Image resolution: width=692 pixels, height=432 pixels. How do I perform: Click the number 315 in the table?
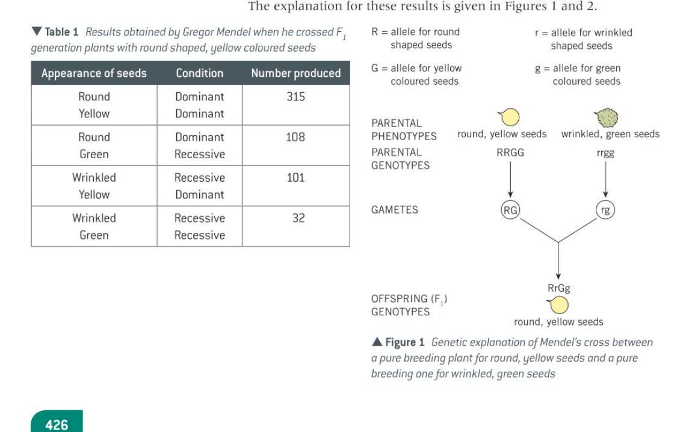point(295,96)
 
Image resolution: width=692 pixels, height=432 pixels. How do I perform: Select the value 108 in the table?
point(295,137)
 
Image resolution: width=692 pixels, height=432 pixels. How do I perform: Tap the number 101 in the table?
point(295,177)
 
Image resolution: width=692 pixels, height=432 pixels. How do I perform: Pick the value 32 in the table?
point(298,218)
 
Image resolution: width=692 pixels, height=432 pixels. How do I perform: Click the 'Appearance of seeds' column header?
point(94,73)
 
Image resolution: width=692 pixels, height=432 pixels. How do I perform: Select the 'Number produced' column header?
point(295,73)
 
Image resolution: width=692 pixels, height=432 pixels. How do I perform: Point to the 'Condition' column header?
point(199,73)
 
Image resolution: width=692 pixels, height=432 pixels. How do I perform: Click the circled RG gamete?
point(510,210)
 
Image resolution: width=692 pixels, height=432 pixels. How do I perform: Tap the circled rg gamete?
point(605,210)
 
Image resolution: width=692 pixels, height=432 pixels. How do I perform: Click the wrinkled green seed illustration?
point(607,117)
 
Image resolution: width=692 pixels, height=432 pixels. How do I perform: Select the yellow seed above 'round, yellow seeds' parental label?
point(510,117)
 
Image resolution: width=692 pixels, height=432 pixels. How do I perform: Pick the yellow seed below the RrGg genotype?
point(559,306)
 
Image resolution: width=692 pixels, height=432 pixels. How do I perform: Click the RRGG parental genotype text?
point(510,153)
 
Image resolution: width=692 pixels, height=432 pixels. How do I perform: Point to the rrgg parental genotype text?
point(605,153)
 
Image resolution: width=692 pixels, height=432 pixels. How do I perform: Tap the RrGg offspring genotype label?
point(559,288)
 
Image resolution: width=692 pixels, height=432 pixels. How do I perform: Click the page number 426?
point(57,425)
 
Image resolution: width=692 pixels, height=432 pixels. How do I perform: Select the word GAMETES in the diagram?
point(395,210)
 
